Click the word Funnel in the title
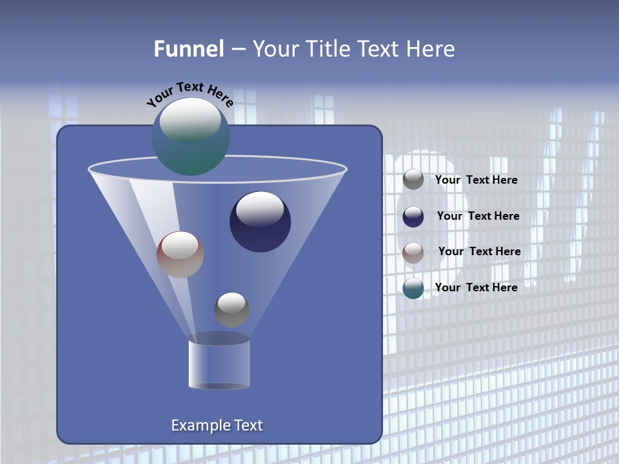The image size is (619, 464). [x=188, y=48]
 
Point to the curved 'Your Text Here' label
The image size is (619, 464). [x=190, y=93]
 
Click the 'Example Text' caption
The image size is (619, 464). [x=217, y=425]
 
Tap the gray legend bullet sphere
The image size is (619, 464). [x=413, y=179]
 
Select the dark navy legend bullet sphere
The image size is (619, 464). [x=413, y=216]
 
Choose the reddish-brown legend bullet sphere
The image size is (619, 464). [x=413, y=252]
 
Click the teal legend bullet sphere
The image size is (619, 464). [x=413, y=288]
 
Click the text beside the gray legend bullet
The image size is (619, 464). [x=476, y=180]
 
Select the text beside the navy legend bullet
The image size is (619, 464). [x=478, y=216]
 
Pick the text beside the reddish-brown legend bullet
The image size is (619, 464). [x=479, y=251]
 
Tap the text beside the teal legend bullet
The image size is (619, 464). [x=476, y=287]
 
